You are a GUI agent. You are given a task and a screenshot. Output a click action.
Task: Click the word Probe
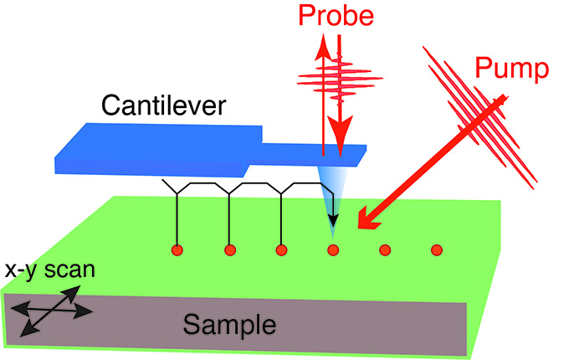336,15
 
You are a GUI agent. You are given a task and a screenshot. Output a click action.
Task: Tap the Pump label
512,68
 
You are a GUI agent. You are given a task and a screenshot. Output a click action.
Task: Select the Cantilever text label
163,105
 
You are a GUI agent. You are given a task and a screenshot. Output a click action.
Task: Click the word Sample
229,325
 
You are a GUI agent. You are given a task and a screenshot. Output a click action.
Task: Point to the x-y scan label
50,270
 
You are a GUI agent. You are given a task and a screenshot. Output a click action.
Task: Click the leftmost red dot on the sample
177,250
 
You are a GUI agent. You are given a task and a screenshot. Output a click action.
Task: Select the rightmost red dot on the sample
437,250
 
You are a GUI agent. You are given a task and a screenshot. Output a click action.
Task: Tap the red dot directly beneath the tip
333,250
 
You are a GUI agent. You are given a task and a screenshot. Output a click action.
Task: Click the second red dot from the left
230,250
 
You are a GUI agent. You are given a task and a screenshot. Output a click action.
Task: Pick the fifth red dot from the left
385,250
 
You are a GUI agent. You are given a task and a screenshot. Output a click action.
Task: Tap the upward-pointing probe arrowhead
323,47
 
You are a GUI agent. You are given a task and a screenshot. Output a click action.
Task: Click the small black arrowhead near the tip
333,220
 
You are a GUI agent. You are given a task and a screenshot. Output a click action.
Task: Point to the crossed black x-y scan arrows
51,311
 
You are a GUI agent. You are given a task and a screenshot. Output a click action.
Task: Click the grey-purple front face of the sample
234,325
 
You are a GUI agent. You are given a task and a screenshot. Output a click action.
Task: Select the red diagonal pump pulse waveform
479,117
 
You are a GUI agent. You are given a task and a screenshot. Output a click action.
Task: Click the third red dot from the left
281,250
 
